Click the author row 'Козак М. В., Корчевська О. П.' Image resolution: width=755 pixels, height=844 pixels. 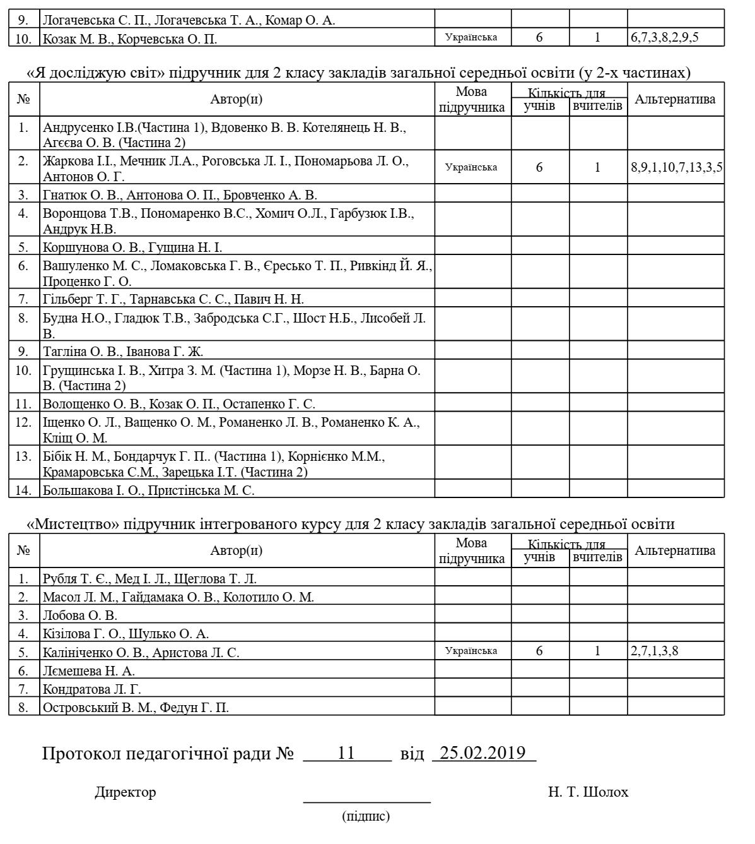(130, 39)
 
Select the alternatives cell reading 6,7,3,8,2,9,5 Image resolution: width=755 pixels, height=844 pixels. (664, 37)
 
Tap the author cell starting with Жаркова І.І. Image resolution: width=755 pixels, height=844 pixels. (226, 168)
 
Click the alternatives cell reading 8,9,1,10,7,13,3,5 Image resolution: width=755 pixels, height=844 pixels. (676, 167)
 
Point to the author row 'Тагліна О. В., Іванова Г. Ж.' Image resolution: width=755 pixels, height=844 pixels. (123, 352)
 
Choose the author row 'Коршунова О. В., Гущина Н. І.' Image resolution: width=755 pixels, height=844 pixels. (132, 247)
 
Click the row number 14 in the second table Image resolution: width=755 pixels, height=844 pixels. (24, 489)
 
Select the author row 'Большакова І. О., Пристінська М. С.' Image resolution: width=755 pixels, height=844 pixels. (149, 490)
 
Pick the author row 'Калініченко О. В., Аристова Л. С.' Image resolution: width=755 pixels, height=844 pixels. (141, 653)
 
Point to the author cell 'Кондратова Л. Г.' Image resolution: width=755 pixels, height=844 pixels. (92, 689)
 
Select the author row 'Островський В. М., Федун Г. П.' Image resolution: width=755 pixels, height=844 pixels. (136, 708)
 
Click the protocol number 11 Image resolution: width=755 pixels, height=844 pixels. (347, 753)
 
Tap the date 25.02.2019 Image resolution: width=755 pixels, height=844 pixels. (483, 753)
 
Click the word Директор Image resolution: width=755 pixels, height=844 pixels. (126, 792)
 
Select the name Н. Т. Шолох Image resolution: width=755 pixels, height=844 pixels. (588, 792)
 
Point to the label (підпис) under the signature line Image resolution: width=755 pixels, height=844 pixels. (366, 816)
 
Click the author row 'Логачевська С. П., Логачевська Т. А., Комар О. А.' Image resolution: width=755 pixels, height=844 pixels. (189, 20)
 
